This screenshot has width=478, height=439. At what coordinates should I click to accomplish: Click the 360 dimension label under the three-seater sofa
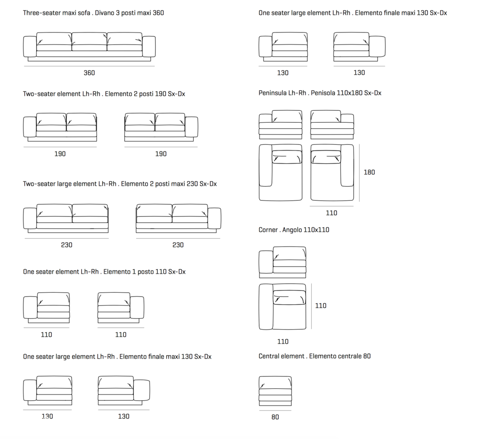click(x=89, y=73)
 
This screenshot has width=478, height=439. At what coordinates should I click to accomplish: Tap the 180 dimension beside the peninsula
click(x=369, y=172)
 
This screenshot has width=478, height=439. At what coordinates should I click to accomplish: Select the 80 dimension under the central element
click(x=275, y=417)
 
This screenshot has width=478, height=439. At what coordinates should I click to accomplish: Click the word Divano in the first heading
click(x=105, y=13)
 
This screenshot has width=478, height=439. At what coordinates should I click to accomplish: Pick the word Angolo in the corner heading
click(x=292, y=230)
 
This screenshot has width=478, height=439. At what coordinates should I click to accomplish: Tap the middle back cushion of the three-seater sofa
click(x=89, y=39)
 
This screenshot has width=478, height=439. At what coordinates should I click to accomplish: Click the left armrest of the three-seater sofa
click(x=30, y=46)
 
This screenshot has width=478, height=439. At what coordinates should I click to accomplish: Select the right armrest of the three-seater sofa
click(x=149, y=46)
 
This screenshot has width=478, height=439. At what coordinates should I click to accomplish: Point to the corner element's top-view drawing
click(x=282, y=307)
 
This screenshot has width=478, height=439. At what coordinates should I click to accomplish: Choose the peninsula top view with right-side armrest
click(x=332, y=172)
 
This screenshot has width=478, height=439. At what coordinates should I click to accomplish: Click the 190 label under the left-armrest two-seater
click(x=60, y=154)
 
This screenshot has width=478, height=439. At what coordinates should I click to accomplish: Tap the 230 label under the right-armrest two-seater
click(x=178, y=245)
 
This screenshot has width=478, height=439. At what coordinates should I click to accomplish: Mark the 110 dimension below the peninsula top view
click(x=331, y=213)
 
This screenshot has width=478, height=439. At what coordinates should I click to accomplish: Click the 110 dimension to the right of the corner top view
click(x=321, y=306)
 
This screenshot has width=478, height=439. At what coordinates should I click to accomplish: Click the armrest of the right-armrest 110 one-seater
click(x=137, y=308)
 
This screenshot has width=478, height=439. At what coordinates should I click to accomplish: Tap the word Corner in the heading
click(x=268, y=230)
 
